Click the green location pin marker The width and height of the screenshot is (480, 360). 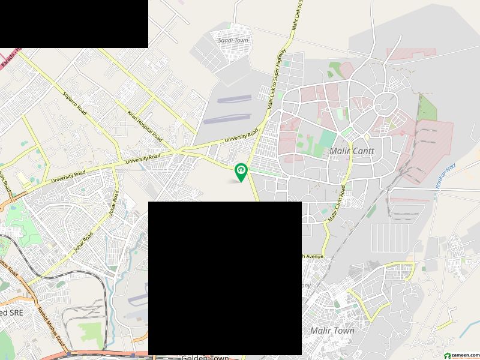coord(241,172)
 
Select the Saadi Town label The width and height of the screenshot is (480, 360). coord(233,40)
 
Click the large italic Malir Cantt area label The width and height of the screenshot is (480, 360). coord(352,151)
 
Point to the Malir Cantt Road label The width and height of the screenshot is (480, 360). coord(338,206)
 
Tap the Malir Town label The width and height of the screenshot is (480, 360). coord(332,331)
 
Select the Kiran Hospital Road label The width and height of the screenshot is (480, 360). coord(145,127)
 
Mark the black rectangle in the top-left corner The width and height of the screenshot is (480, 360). coord(74,24)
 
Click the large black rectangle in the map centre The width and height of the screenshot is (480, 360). coord(224,278)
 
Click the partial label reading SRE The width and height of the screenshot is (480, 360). coord(12,313)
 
